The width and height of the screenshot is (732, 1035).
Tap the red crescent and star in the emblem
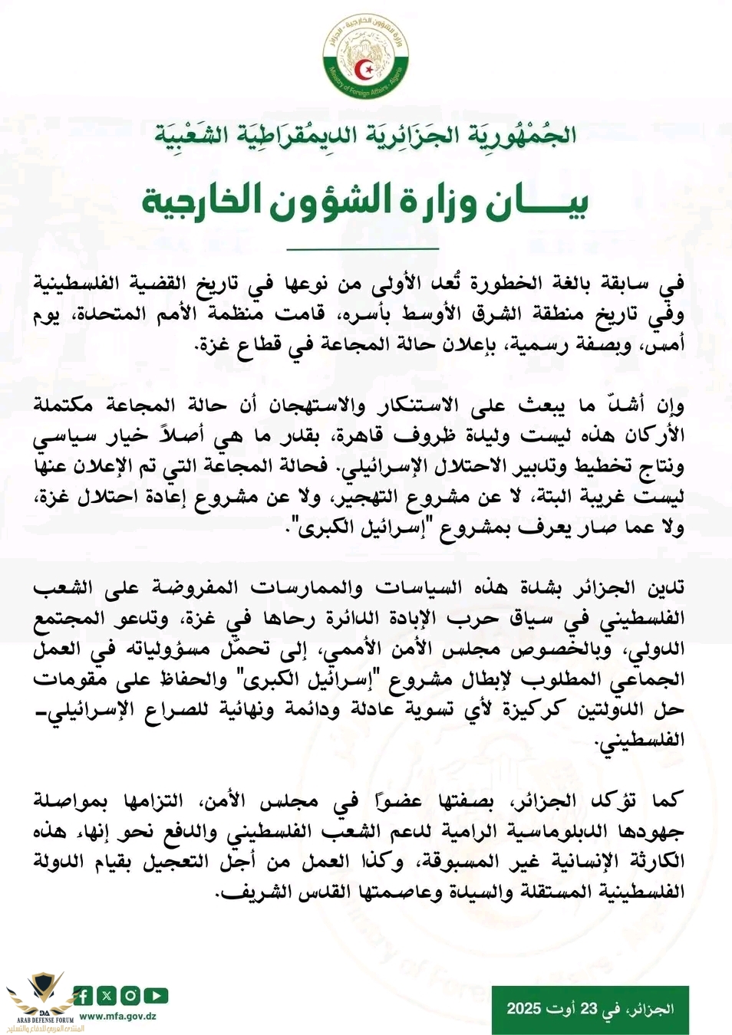[367, 70]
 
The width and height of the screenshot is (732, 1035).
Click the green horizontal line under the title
[363, 249]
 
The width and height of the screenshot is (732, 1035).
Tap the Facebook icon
[83, 996]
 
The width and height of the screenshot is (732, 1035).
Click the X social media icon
[107, 996]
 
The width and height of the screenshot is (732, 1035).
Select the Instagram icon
[130, 996]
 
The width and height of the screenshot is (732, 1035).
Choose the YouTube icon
[156, 996]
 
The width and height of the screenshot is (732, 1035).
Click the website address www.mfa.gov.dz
[118, 1016]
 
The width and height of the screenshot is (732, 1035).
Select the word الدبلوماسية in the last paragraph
[519, 832]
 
